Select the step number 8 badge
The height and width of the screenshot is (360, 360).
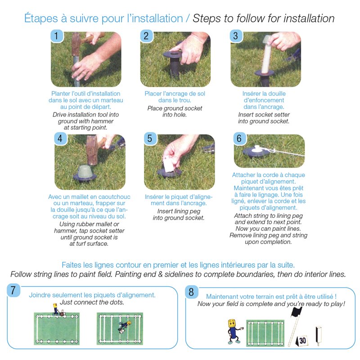(192, 292)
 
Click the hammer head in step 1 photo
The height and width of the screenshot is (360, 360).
(76, 43)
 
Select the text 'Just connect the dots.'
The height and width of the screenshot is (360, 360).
(92, 302)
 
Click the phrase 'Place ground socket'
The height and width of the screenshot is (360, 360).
(175, 108)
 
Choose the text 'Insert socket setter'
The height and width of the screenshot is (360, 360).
(264, 115)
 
